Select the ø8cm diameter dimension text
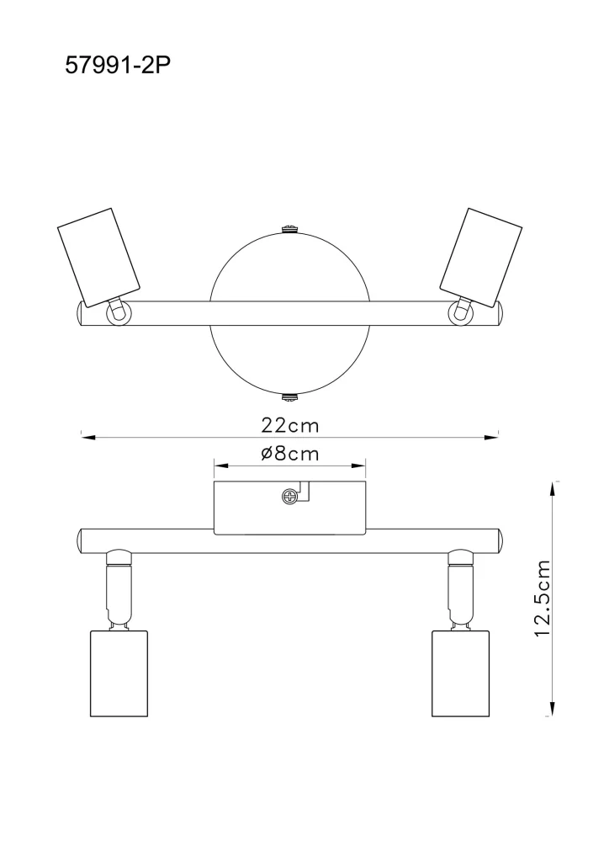290,454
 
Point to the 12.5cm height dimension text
542,599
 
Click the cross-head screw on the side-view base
289,497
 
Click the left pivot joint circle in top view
118,314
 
